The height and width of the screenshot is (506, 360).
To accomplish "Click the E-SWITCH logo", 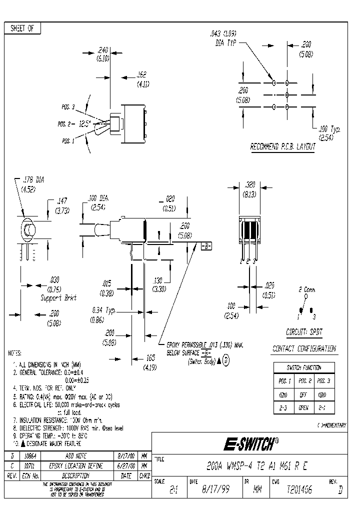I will click(x=249, y=442).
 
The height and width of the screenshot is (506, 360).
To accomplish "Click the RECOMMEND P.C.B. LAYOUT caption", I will click(x=283, y=146).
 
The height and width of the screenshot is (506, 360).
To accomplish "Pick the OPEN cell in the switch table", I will click(x=303, y=407).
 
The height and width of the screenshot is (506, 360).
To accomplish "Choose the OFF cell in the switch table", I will click(x=303, y=394).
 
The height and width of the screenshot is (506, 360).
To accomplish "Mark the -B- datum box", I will click(x=206, y=246).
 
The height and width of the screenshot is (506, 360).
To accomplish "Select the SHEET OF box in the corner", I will click(x=22, y=28).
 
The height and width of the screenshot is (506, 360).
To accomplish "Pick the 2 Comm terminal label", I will click(x=306, y=289).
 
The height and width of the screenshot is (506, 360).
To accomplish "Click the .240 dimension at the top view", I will click(x=103, y=50).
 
